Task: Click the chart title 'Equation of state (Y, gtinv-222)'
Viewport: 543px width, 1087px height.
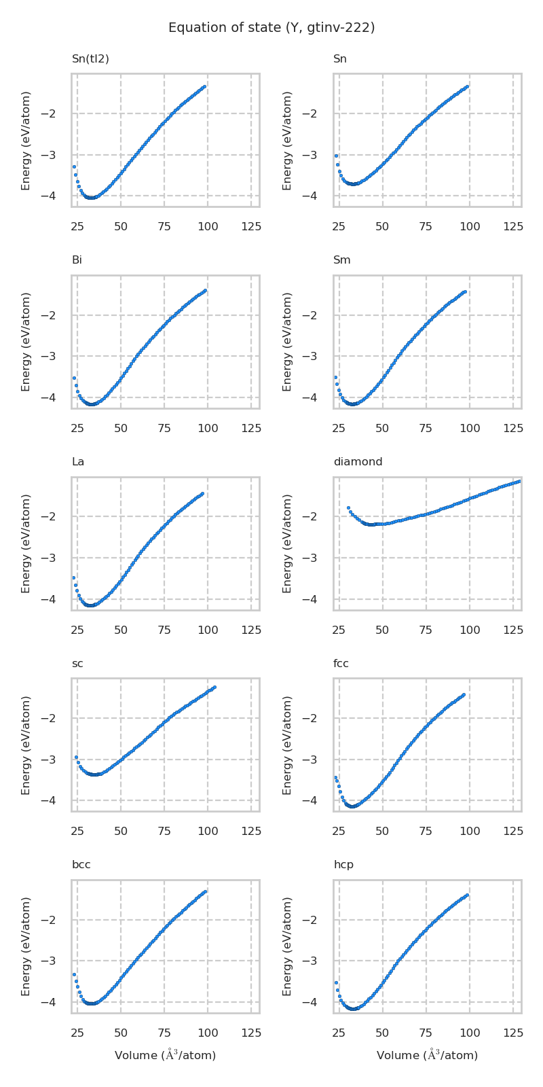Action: point(271,28)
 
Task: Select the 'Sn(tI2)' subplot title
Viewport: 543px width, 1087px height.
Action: point(90,59)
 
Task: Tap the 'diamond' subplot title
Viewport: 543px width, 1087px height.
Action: point(358,462)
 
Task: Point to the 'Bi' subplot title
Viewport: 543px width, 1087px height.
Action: point(77,260)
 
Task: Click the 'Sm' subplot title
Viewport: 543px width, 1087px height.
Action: point(341,260)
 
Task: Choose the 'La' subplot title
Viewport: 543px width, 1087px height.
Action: point(78,462)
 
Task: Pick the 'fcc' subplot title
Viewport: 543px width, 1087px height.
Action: point(341,664)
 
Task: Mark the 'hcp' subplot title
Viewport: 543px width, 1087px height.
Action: point(343,865)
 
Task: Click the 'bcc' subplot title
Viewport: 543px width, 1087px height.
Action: point(81,865)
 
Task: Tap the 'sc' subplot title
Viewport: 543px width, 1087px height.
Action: point(77,664)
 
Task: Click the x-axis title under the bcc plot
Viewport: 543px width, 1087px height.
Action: point(165,1055)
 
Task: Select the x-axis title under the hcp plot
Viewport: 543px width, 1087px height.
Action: point(427,1055)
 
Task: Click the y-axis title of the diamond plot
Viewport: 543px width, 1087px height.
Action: point(288,543)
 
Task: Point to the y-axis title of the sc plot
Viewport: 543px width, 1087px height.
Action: point(26,745)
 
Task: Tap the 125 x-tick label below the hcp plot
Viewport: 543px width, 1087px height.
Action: point(512,1033)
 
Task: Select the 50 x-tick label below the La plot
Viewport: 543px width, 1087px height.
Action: point(121,630)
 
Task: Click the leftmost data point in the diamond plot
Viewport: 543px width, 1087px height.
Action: point(348,507)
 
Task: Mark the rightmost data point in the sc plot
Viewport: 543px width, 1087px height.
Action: point(214,688)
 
